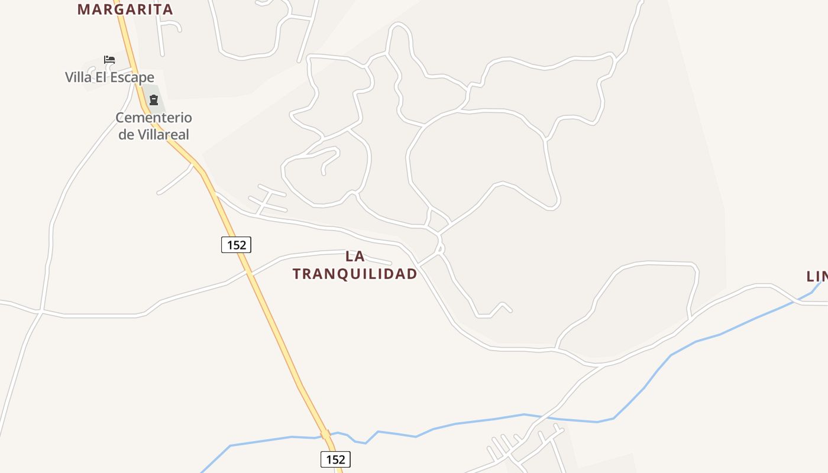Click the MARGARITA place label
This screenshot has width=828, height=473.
pyautogui.click(x=125, y=9)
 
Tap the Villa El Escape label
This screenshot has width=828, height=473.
pyautogui.click(x=109, y=77)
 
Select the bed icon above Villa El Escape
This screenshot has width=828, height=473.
pyautogui.click(x=109, y=59)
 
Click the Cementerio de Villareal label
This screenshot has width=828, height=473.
pyautogui.click(x=154, y=126)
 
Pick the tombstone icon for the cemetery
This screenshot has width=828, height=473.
pyautogui.click(x=154, y=99)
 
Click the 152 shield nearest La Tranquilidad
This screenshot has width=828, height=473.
pyautogui.click(x=236, y=244)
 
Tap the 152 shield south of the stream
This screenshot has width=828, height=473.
pyautogui.click(x=335, y=459)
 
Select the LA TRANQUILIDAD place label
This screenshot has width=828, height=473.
pyautogui.click(x=355, y=265)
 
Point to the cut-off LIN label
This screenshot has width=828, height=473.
pyautogui.click(x=817, y=276)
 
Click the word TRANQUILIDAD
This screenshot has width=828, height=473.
pyautogui.click(x=355, y=274)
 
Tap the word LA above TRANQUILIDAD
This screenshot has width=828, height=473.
pyautogui.click(x=355, y=257)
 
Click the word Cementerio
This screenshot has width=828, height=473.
pyautogui.click(x=154, y=118)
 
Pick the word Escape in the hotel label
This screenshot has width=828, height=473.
pyautogui.click(x=132, y=77)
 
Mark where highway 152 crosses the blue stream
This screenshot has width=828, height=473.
pyautogui.click(x=325, y=435)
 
